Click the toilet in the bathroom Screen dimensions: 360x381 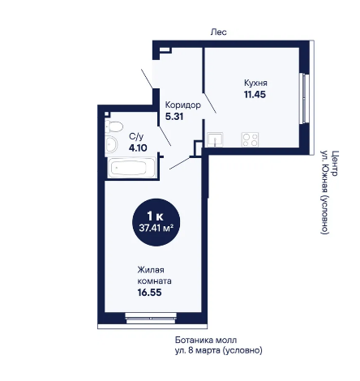pos(114,126)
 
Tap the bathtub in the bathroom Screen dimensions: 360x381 pos(131,168)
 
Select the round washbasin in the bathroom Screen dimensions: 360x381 pos(111,144)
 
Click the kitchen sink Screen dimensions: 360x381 pos(215,139)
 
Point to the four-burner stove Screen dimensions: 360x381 pos(250,139)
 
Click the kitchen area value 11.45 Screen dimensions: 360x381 pos(255,95)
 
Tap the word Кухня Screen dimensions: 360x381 pos(255,83)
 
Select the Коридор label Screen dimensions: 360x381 pos(183,105)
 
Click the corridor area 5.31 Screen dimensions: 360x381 pos(174,117)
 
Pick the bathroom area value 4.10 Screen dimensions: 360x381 pos(138,148)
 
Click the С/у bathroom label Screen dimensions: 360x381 pos(136,136)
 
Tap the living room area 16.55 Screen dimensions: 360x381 pos(149,293)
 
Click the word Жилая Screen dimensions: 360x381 pos(151,270)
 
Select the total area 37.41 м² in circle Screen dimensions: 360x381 pos(156,229)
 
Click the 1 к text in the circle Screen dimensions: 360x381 pos(155,216)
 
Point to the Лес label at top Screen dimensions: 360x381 pos(219,32)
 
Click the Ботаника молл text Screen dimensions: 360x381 pos(206,340)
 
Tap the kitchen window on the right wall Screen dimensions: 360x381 pos(306,99)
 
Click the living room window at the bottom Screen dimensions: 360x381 pos(151,318)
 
